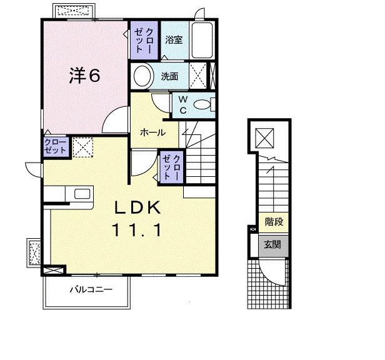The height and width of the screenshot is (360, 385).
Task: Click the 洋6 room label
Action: (x=85, y=76)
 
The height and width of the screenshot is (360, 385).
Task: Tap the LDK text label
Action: (x=137, y=208)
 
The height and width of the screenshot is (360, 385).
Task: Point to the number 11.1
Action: (x=137, y=230)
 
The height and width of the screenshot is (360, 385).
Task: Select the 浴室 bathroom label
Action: (x=174, y=40)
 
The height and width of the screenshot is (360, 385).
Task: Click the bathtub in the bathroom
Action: (x=202, y=40)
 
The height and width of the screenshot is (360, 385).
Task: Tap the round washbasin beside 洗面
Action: (x=142, y=76)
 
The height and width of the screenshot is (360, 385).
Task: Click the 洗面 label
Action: (x=169, y=76)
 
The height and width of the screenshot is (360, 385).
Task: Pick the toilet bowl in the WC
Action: (x=202, y=105)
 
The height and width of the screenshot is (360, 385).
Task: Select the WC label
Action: (x=183, y=105)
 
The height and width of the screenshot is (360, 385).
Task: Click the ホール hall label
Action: (x=152, y=132)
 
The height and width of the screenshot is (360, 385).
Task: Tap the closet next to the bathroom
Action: (x=144, y=40)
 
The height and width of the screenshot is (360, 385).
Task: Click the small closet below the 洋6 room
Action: (x=56, y=147)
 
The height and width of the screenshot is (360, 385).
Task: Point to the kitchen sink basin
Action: (x=82, y=194)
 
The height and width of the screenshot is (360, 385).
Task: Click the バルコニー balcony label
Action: (x=91, y=289)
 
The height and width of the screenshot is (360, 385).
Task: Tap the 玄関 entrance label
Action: (x=272, y=245)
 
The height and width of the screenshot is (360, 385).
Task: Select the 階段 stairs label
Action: (x=274, y=222)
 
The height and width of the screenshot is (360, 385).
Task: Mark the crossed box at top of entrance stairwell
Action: (x=264, y=137)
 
